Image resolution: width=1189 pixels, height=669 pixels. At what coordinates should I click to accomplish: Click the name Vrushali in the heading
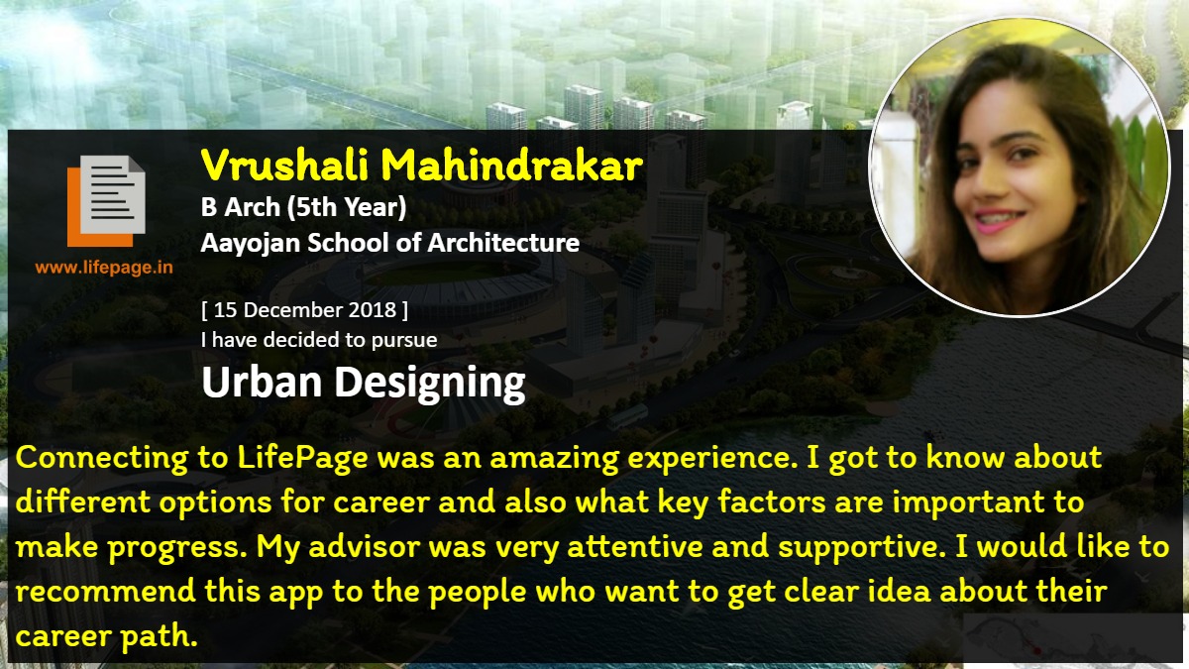(285, 166)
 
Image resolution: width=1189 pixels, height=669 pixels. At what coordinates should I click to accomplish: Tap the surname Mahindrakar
(512, 166)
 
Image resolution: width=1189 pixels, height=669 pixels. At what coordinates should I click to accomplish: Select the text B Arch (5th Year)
(303, 207)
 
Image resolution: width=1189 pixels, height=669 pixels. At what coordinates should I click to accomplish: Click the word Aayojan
(250, 244)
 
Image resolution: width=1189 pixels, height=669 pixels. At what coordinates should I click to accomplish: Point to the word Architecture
(503, 243)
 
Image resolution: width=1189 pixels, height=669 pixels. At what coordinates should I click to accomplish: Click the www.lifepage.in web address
(104, 268)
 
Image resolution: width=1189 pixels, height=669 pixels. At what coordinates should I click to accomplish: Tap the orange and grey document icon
(106, 200)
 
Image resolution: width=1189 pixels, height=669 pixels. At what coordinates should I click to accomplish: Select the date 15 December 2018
(305, 310)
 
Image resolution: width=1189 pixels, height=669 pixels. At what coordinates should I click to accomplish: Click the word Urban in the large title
(262, 382)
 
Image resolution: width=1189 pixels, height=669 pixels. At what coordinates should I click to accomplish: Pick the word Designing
(430, 384)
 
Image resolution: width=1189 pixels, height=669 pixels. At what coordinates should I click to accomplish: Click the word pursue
(404, 341)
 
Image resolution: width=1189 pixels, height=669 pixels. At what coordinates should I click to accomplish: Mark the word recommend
(106, 592)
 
